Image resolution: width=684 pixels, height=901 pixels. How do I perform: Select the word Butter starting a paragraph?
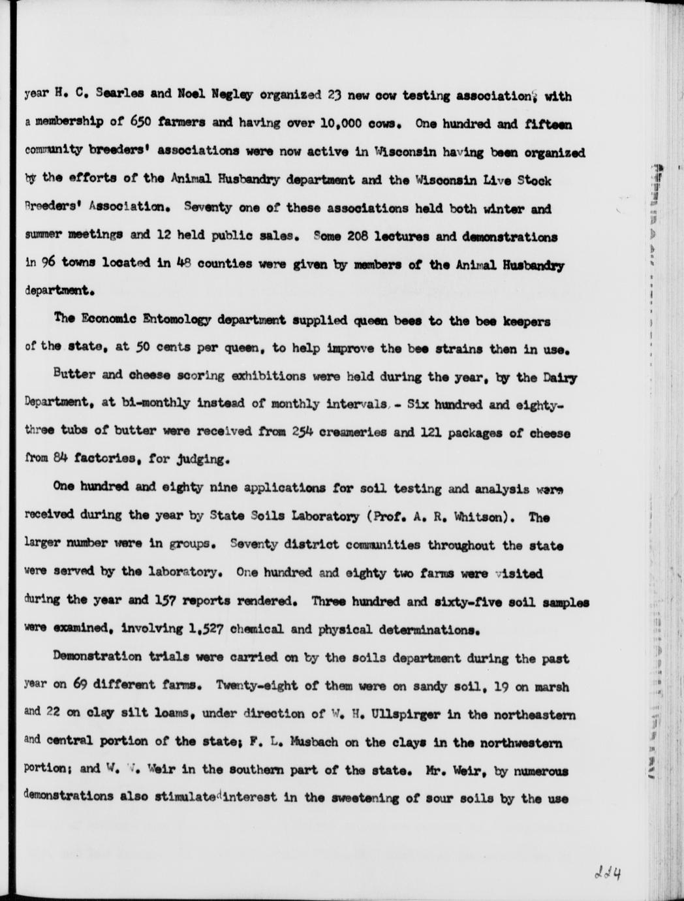(70, 377)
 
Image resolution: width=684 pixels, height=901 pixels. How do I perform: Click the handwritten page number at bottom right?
(606, 872)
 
